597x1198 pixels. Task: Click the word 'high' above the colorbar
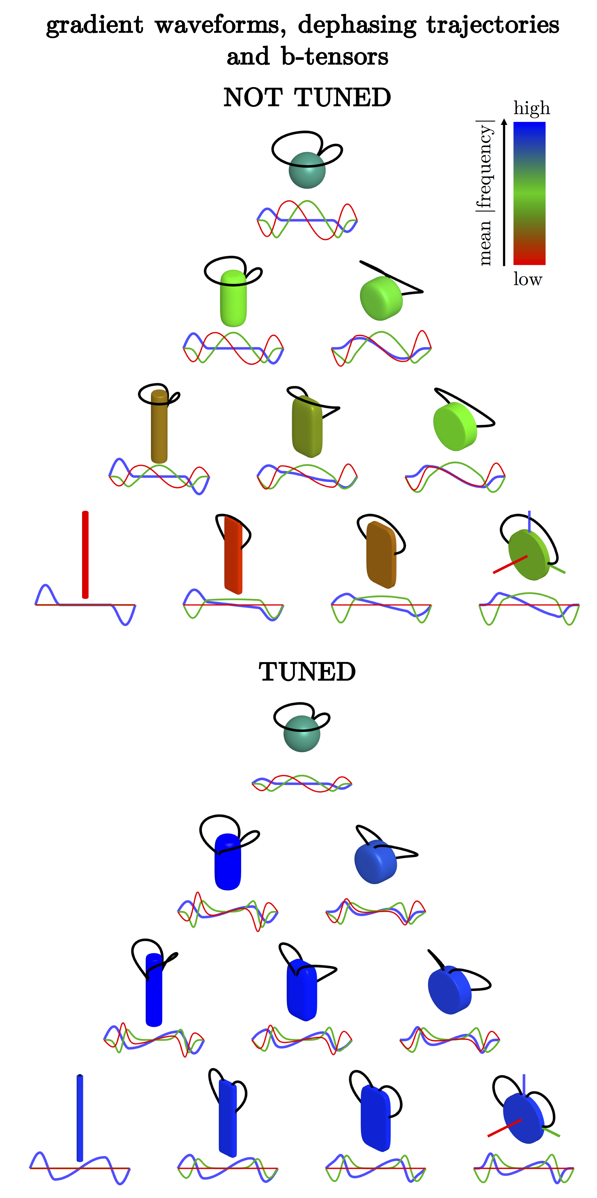tap(532, 108)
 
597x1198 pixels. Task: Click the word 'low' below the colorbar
tap(528, 279)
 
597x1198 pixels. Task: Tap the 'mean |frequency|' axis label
tap(485, 193)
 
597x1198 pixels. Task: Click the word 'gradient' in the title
tap(95, 25)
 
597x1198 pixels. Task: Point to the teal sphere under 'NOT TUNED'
tap(307, 170)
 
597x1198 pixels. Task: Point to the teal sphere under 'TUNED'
tap(302, 733)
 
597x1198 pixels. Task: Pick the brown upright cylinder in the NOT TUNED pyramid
tap(159, 427)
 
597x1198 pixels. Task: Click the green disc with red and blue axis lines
tap(529, 556)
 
